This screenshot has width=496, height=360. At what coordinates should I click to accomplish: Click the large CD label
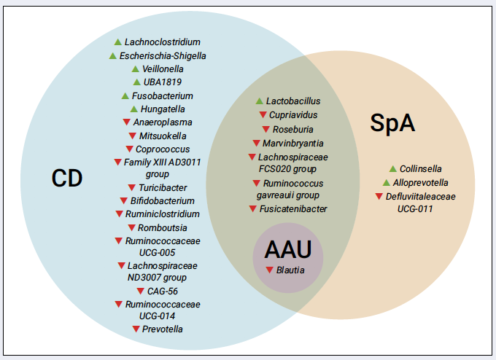[x=67, y=179]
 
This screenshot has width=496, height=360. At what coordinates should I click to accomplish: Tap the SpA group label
[x=392, y=123]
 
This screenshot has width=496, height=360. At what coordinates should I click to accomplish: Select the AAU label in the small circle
[x=288, y=250]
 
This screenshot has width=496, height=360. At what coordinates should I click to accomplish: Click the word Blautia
[x=290, y=270]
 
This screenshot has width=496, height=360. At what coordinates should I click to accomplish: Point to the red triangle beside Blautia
[x=269, y=270]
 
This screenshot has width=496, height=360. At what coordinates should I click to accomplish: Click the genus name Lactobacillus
[x=293, y=101]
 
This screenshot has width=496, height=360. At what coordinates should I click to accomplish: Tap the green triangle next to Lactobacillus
[x=260, y=101]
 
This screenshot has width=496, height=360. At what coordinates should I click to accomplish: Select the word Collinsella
[x=420, y=169]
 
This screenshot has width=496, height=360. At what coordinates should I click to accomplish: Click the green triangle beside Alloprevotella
[x=387, y=183]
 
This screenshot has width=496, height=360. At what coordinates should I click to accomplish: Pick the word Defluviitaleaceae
[x=420, y=197]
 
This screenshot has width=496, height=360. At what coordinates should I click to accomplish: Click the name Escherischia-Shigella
[x=163, y=56]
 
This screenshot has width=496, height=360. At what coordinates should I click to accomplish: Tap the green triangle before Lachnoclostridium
[x=118, y=42]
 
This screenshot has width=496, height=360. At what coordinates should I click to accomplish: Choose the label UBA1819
[x=163, y=82]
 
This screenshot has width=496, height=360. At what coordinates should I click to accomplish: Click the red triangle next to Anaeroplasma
[x=126, y=122]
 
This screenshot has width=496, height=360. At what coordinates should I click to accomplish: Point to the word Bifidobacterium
[x=162, y=201]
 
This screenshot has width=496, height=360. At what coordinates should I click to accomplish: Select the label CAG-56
[x=163, y=291]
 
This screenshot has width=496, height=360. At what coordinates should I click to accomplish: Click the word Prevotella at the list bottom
[x=162, y=329]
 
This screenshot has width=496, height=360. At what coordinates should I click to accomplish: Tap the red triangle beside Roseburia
[x=266, y=129]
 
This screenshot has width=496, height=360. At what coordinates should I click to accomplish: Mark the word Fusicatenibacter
[x=293, y=209]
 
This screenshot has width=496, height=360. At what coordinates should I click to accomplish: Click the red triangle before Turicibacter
[x=132, y=188]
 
